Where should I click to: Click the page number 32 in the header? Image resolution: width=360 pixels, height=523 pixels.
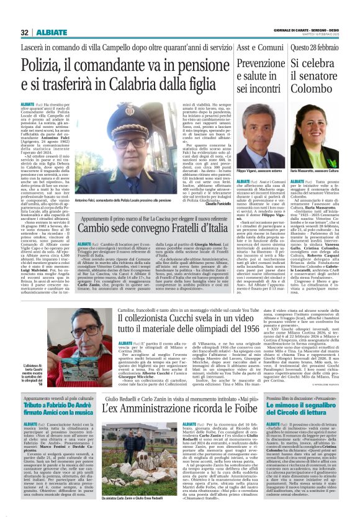[x=24, y=32]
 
